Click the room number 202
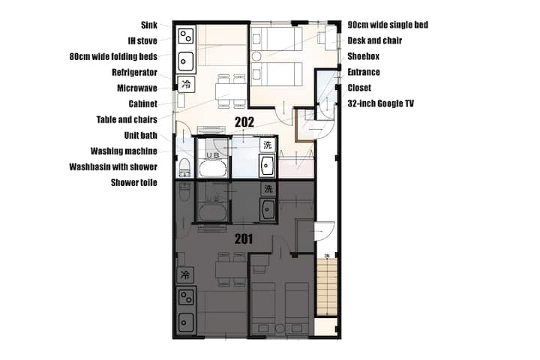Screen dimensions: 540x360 pyautogui.click(x=244, y=122)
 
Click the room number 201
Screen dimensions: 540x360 pyautogui.click(x=244, y=238)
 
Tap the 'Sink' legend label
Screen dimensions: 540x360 pyautogui.click(x=149, y=25)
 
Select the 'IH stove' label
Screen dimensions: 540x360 pyautogui.click(x=142, y=41)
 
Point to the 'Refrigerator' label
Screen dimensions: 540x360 pyautogui.click(x=135, y=72)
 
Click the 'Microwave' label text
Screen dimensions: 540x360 pyautogui.click(x=137, y=88)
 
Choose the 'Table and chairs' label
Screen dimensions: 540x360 pyautogui.click(x=127, y=119)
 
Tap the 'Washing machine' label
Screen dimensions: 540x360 pyautogui.click(x=124, y=151)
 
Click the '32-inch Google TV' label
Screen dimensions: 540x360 pyautogui.click(x=380, y=103)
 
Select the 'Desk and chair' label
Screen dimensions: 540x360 pyautogui.click(x=375, y=40)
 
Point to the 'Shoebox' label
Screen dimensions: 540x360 pyautogui.click(x=363, y=56)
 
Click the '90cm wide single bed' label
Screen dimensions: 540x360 pyautogui.click(x=388, y=25)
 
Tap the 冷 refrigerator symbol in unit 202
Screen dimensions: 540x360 pyautogui.click(x=186, y=84)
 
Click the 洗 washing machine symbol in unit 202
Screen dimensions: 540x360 pyautogui.click(x=268, y=145)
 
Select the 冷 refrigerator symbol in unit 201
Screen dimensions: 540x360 pyautogui.click(x=185, y=275)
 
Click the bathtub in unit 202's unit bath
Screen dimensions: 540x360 pyautogui.click(x=213, y=169)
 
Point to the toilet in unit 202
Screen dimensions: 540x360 pyautogui.click(x=184, y=168)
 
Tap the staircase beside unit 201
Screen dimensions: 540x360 pyautogui.click(x=327, y=287)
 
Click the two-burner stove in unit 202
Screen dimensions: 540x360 pyautogui.click(x=186, y=36)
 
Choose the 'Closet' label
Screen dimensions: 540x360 pyautogui.click(x=359, y=88)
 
